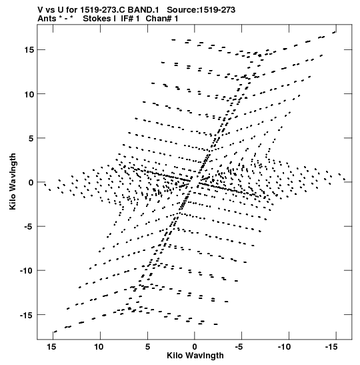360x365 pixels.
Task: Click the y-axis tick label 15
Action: tap(29, 49)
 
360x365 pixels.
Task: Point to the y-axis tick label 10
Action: tap(29, 94)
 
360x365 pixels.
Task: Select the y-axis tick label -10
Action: tap(27, 270)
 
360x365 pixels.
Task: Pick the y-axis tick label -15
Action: tap(27, 315)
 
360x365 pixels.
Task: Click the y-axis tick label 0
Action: tap(31, 182)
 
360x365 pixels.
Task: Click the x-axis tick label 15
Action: tap(52, 347)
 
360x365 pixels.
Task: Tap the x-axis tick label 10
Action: tap(99, 347)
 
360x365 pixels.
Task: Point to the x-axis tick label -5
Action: tap(239, 347)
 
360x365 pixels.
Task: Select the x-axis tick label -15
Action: tap(331, 347)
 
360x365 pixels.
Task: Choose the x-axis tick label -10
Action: tap(284, 347)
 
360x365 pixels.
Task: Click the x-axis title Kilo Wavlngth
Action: tap(195, 356)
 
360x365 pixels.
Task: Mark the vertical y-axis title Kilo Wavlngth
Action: tap(13, 181)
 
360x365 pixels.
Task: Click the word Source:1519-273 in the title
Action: tap(201, 10)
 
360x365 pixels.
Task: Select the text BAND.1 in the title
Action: tap(143, 10)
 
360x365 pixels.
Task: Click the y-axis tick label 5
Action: tap(31, 138)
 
